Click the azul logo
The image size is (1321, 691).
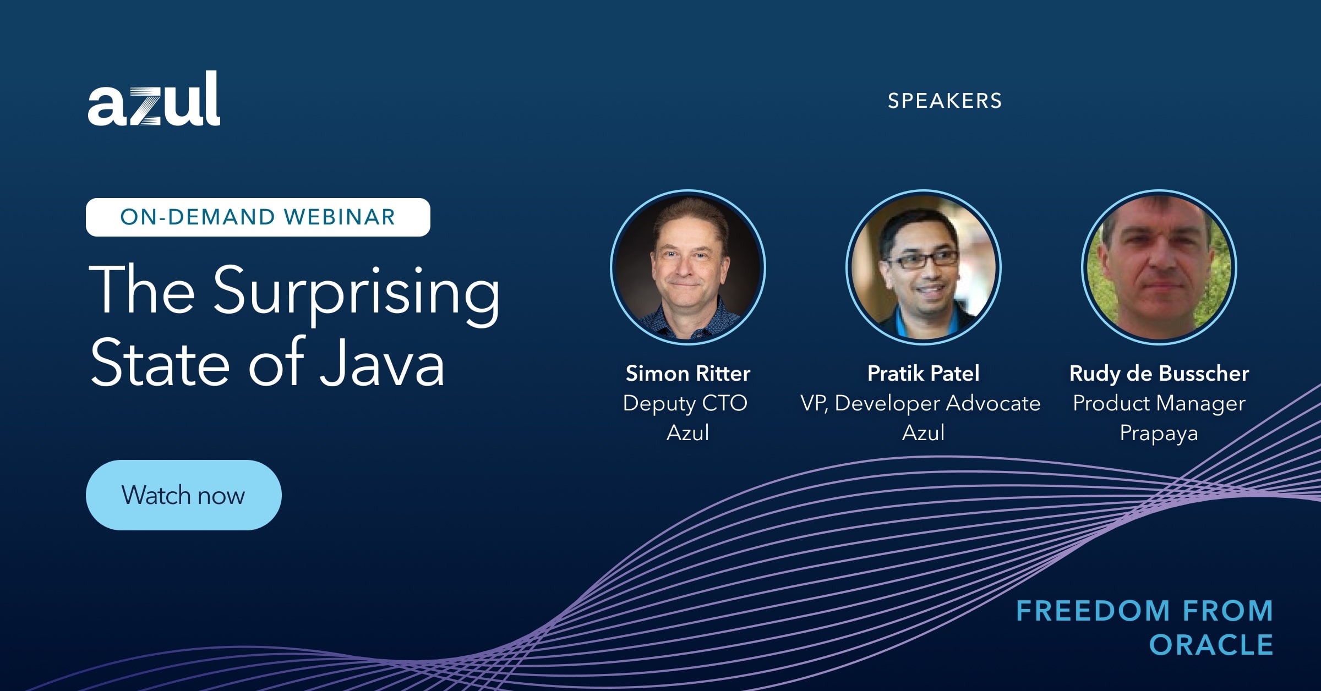click(154, 98)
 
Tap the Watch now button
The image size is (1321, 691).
click(184, 495)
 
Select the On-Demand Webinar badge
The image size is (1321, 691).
click(258, 217)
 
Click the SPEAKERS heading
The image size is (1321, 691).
click(945, 101)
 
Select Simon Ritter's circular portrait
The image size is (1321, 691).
click(688, 267)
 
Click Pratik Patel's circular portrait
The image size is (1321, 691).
click(924, 267)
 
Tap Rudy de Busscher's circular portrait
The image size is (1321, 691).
click(1159, 267)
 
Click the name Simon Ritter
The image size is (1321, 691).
click(688, 374)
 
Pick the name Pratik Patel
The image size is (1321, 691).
click(924, 374)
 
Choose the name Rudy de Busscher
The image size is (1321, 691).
click(1159, 374)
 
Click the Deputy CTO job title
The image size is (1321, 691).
click(685, 403)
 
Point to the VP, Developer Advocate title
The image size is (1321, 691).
click(921, 403)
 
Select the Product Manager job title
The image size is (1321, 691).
click(1159, 403)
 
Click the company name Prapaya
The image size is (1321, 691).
click(1159, 433)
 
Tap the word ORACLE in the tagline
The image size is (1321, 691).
click(1211, 645)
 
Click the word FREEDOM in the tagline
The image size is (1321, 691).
click(1093, 611)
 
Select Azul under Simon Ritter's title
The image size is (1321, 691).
click(688, 433)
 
